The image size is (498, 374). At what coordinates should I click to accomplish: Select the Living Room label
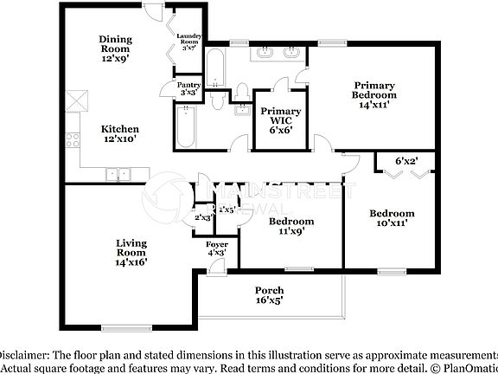click(132, 251)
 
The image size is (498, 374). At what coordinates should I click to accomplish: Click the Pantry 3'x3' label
click(188, 88)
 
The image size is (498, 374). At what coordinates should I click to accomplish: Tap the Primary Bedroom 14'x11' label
click(373, 94)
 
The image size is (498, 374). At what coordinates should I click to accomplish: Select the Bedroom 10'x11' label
click(392, 217)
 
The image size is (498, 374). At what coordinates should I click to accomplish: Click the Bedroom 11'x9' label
click(290, 226)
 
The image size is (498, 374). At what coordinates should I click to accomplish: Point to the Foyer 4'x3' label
click(217, 248)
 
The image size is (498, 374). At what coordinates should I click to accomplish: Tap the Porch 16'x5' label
click(268, 294)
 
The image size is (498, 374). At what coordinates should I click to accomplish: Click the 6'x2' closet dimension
click(406, 161)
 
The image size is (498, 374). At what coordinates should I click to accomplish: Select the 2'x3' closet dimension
click(204, 217)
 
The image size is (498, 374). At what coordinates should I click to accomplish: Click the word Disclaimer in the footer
click(24, 355)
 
